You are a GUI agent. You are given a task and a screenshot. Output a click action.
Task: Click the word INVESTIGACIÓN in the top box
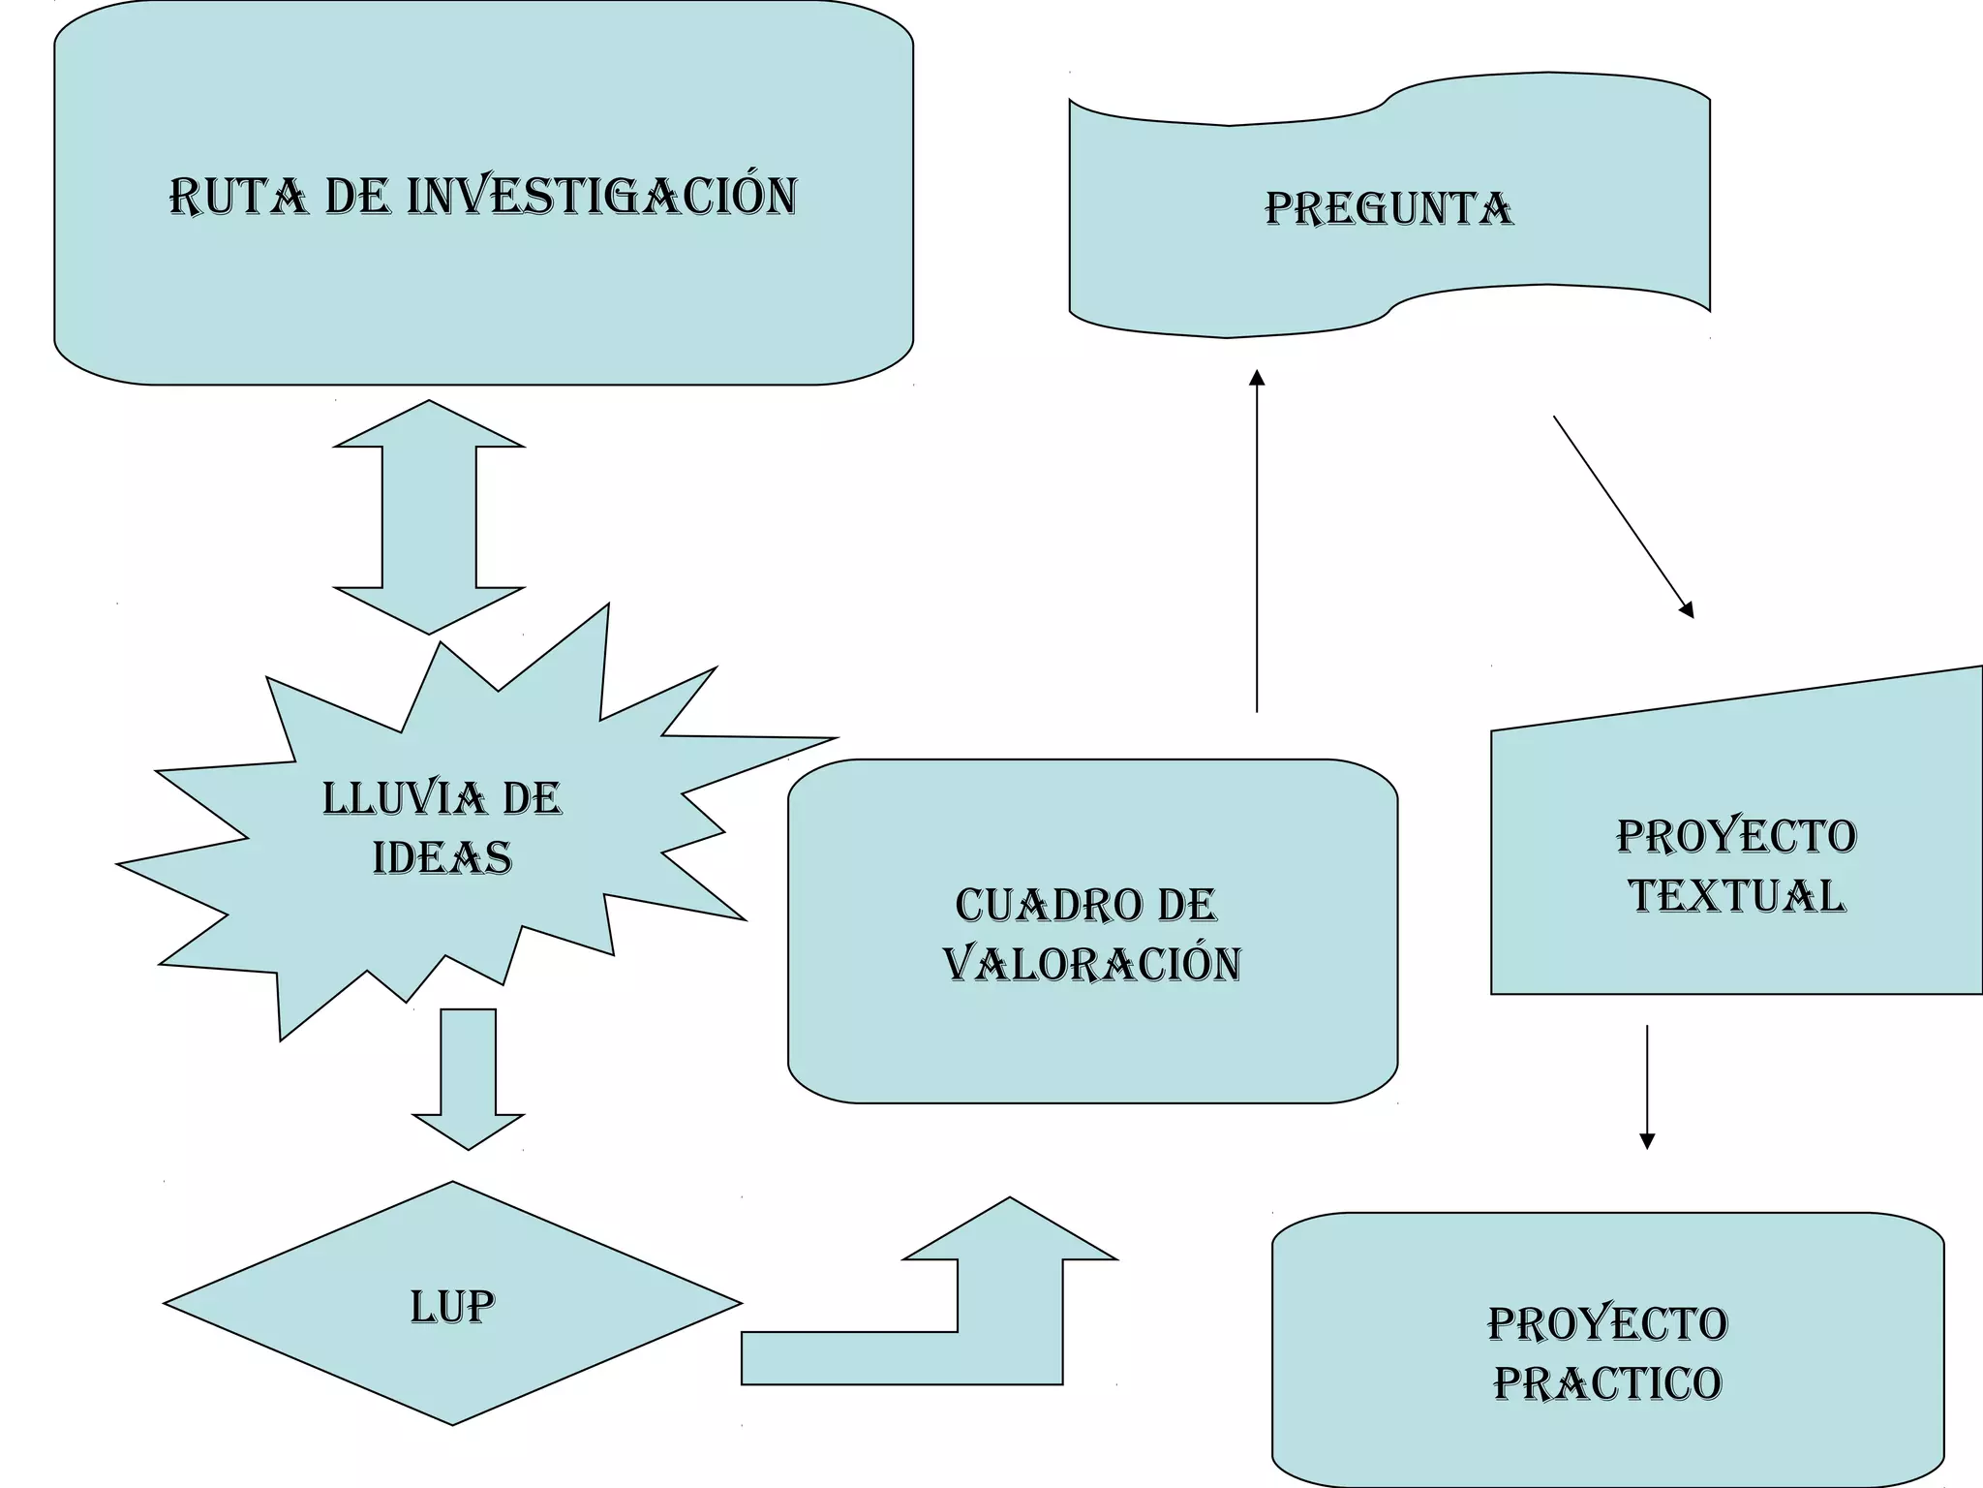602,196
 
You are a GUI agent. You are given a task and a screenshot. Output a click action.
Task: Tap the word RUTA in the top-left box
238,197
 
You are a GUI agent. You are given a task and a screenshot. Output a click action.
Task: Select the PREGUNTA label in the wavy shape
1388,209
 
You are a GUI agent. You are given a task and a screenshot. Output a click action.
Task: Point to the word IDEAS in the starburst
442,858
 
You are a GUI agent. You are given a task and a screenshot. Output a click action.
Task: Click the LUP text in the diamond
452,1306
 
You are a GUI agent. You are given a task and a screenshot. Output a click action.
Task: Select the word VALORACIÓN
1092,965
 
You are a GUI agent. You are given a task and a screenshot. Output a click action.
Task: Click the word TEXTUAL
1736,896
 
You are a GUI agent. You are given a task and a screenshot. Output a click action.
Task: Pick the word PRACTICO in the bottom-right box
1607,1383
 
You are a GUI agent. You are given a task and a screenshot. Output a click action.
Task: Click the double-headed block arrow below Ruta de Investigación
429,517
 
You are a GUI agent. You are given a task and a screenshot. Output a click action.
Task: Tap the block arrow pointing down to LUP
469,1075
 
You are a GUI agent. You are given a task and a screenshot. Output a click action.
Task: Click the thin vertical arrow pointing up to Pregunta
1257,542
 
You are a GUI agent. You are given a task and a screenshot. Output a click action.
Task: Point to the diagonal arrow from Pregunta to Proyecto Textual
1623,516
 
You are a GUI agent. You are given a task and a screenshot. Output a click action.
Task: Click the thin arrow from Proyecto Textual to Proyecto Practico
1647,1085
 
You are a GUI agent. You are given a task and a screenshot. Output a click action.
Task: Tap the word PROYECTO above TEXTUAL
1736,836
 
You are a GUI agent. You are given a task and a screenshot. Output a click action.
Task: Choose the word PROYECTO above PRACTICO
1607,1324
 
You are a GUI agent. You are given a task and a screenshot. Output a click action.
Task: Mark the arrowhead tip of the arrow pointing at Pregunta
1257,371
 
